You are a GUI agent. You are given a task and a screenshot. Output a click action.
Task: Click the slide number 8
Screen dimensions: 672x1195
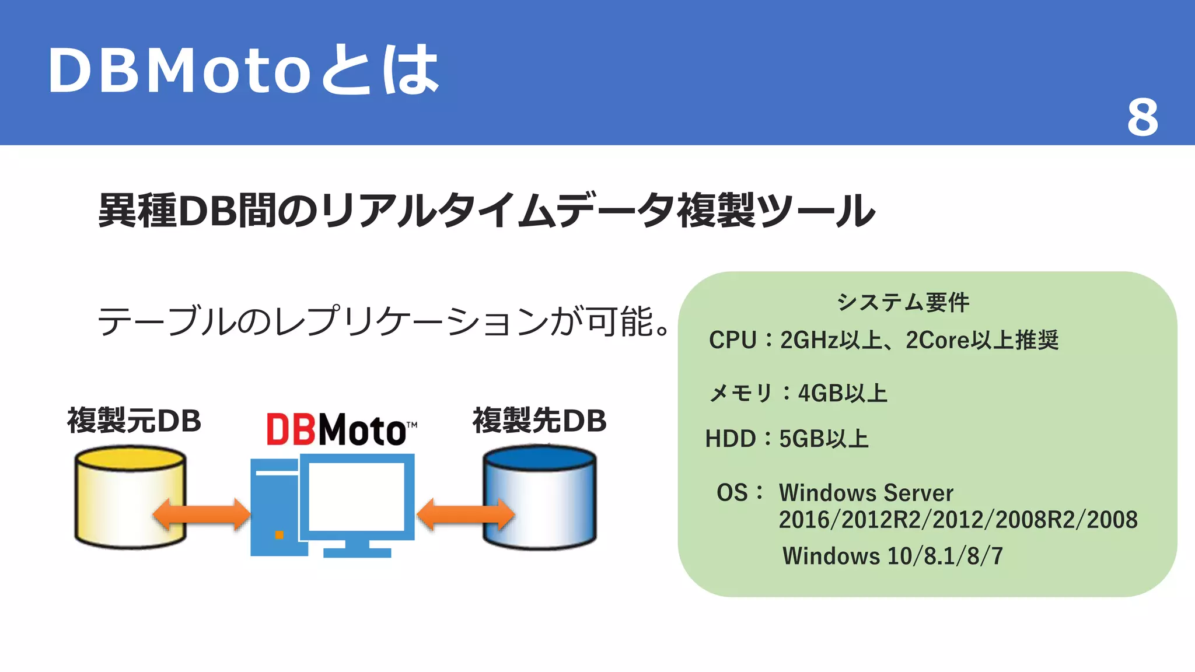1142,118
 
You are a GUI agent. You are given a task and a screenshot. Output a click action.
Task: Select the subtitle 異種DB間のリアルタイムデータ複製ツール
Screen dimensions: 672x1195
487,211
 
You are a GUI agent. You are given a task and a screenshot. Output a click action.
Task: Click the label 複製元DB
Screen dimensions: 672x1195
134,421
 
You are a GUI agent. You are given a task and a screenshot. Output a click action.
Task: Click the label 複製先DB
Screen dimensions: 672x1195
540,421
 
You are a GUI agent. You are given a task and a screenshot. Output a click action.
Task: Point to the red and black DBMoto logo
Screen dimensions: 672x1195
341,429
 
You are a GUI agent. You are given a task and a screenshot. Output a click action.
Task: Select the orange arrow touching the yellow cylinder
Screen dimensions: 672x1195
201,514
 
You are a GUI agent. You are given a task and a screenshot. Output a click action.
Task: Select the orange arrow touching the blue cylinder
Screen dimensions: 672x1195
466,514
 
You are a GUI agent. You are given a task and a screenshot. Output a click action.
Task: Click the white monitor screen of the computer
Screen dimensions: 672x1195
356,496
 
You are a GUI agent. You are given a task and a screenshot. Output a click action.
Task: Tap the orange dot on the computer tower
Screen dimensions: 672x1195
279,534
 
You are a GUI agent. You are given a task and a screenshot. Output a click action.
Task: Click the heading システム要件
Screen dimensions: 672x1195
903,302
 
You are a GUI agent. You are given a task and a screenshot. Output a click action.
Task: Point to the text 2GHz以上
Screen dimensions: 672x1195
831,340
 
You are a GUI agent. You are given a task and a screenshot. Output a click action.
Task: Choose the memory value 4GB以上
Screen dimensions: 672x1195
843,393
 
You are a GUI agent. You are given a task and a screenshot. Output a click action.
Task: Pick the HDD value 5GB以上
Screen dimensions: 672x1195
824,439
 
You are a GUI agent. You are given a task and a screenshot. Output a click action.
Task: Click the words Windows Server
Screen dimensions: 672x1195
866,493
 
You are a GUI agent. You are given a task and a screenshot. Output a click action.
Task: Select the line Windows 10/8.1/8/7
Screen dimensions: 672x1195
893,556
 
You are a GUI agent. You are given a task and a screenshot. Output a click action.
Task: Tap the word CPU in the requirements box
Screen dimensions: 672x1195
732,340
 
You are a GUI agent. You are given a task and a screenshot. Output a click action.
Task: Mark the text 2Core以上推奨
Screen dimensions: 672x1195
982,340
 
